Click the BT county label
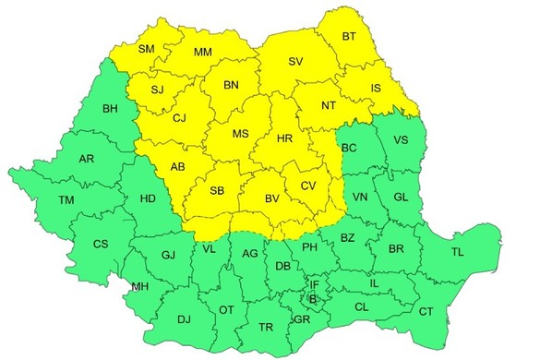click(349, 37)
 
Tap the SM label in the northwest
click(147, 49)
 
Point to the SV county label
click(295, 62)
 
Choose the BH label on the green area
click(111, 109)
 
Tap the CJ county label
click(179, 118)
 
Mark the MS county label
click(240, 135)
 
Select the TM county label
click(66, 200)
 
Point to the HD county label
click(147, 198)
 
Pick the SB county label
click(217, 192)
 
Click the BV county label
click(272, 198)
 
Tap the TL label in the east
click(458, 251)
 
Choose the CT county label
click(426, 312)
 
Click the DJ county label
click(184, 319)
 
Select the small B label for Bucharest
click(313, 299)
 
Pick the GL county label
click(400, 198)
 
